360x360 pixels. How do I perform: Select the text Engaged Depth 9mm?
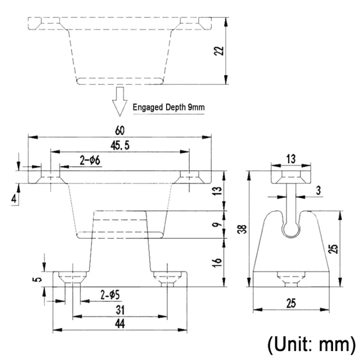tap(168, 107)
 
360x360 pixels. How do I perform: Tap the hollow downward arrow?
tap(119, 100)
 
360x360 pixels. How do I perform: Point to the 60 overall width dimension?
tap(119, 130)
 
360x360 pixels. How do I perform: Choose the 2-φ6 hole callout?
tap(90, 160)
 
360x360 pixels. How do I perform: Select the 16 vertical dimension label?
tap(217, 262)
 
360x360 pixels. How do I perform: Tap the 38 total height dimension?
tap(243, 229)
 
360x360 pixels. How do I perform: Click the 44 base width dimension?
tap(119, 324)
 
